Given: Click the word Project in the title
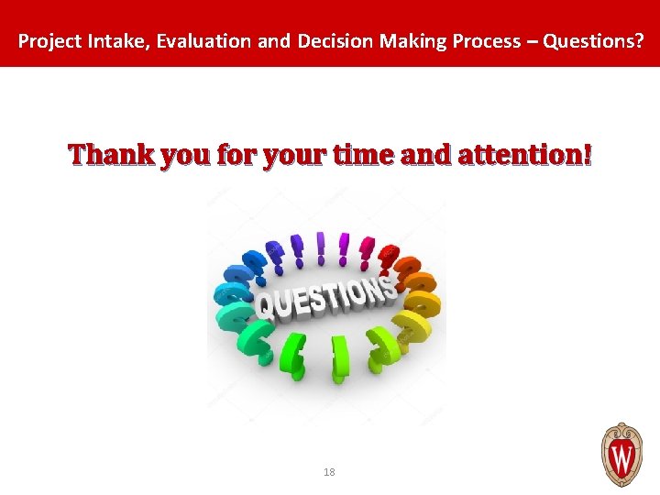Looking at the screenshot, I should (45, 41).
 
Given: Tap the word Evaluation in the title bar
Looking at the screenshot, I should (181, 41).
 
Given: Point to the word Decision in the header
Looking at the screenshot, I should (331, 41).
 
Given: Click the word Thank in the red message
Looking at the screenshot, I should (111, 155).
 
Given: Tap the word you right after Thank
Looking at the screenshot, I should (186, 157).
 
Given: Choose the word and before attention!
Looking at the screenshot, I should (429, 155).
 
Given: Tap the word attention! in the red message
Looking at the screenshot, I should (525, 155).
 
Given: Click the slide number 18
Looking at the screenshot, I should (329, 472).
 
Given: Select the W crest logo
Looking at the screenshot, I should (621, 454).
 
